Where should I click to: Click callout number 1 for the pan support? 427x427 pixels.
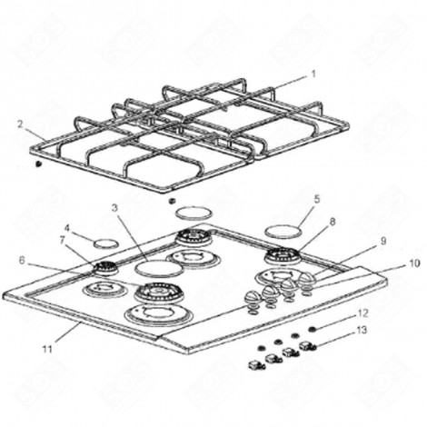[313, 73]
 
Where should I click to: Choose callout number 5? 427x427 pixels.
[317, 198]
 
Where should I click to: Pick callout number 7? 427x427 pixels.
[63, 241]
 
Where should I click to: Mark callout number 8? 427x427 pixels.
[333, 221]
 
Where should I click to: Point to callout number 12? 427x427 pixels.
[363, 313]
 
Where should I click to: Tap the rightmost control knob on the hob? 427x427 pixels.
[308, 283]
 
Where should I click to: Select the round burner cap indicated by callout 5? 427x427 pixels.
[283, 227]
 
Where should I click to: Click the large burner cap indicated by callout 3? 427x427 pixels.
[158, 268]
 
